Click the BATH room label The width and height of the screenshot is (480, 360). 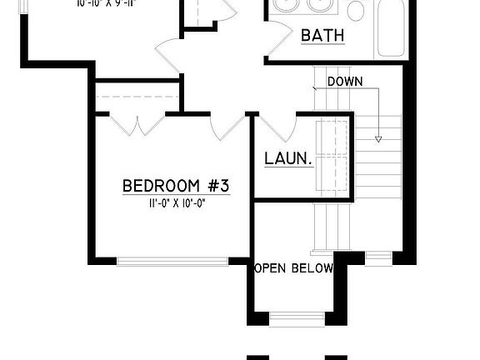[x=322, y=36]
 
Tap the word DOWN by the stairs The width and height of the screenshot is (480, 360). [x=343, y=82]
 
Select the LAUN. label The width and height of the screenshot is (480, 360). [x=287, y=158]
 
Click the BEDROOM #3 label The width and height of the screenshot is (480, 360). [x=175, y=185]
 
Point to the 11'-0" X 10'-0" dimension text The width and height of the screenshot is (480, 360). [x=176, y=202]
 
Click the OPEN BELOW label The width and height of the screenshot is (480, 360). [x=293, y=268]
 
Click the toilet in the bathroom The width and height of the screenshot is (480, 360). [x=356, y=10]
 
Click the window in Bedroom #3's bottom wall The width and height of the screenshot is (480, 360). [x=172, y=261]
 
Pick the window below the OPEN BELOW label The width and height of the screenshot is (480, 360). [x=297, y=317]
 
